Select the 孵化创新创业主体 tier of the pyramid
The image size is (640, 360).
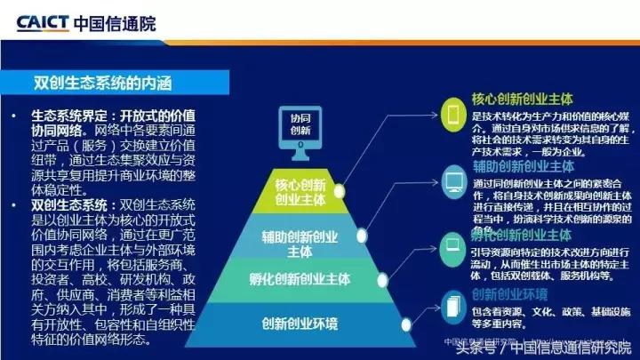tap(300, 279)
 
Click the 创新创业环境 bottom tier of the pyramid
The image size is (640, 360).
tap(300, 320)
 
